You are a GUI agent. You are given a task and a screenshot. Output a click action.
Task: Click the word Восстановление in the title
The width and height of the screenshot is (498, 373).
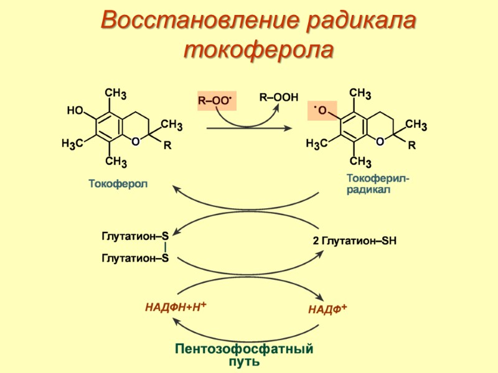(199, 20)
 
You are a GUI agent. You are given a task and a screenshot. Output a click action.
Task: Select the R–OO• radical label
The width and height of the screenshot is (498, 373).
(215, 100)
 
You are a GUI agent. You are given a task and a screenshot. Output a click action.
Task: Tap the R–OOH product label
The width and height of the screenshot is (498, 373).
(279, 98)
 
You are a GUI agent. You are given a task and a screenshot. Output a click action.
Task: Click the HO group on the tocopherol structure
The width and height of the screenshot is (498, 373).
(75, 111)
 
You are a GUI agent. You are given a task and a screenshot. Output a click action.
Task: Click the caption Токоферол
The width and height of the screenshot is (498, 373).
(118, 184)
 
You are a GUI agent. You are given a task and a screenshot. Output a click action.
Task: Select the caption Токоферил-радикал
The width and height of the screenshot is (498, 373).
(378, 184)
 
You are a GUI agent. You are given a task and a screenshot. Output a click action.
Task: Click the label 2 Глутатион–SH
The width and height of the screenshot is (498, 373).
(355, 241)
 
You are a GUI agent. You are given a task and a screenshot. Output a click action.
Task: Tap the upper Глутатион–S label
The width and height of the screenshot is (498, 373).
(135, 236)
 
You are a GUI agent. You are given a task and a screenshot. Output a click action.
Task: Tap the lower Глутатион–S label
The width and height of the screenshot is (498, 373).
(135, 258)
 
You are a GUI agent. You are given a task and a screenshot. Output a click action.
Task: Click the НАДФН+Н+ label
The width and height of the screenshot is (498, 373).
(176, 306)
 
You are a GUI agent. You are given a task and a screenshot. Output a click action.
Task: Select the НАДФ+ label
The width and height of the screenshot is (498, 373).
(327, 309)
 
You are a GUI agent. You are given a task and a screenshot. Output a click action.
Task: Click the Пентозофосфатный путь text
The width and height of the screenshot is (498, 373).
(244, 354)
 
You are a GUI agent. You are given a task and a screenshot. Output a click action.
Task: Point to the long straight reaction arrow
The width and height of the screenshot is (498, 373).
(249, 128)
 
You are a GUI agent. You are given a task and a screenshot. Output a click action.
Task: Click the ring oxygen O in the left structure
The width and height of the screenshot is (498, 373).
(135, 142)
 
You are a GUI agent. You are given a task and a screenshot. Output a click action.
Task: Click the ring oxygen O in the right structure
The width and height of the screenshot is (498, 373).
(380, 142)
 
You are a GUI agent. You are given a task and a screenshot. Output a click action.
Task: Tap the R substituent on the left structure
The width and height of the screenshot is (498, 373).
(167, 147)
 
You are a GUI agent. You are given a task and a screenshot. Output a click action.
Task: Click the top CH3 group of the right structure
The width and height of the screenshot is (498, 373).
(360, 94)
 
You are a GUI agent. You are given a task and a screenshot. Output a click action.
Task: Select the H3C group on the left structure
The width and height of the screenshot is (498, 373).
(73, 145)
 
